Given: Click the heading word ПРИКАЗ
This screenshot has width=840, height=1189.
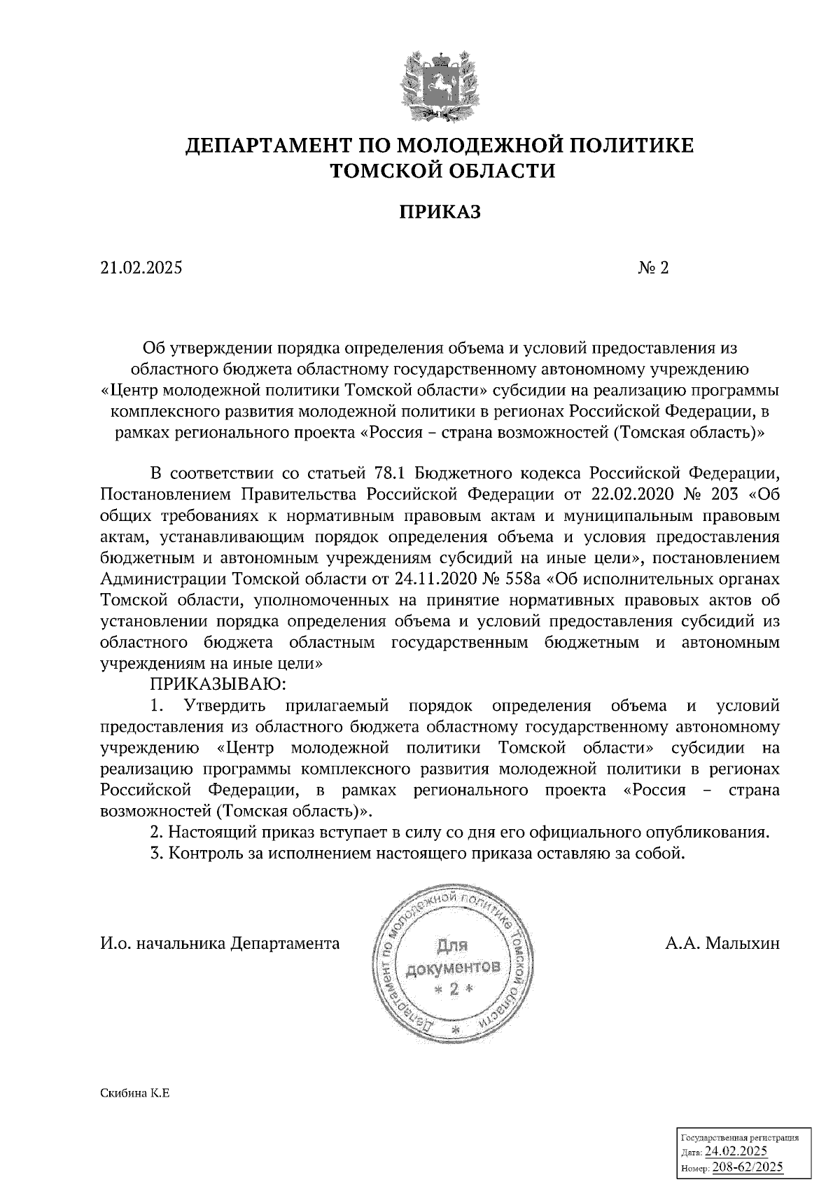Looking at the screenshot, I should point(440,211).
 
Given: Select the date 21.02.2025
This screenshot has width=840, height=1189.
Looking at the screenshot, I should point(140,268).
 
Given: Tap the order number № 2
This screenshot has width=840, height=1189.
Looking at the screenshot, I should point(654,268).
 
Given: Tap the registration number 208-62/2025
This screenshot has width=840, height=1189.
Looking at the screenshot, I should point(747,1167).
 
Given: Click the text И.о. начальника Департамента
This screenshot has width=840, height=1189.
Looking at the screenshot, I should point(220,944).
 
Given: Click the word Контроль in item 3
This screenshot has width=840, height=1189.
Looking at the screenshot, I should point(207,854).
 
